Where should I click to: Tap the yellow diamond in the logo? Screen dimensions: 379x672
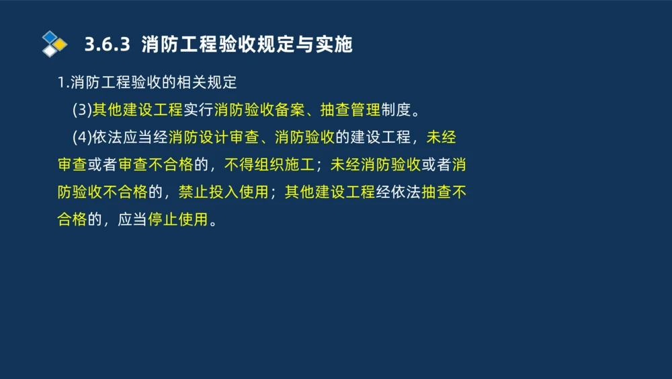click(60, 44)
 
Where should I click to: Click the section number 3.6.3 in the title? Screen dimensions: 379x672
click(106, 44)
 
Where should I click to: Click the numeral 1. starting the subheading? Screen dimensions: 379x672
click(62, 83)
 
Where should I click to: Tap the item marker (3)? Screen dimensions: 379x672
click(82, 110)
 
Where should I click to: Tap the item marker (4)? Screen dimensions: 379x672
click(82, 137)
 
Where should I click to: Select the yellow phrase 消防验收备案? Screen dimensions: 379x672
click(259, 110)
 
